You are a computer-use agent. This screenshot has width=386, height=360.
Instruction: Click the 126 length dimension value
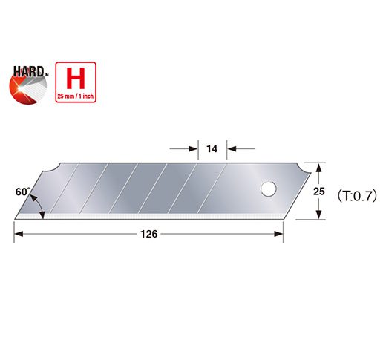tap(148, 235)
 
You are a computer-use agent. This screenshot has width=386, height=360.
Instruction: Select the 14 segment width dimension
tap(212, 149)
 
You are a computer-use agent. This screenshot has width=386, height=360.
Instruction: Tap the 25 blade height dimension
tap(318, 192)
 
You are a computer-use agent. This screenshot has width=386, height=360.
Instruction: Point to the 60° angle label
tap(22, 192)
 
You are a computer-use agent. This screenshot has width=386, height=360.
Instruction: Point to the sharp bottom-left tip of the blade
tap(15, 217)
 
